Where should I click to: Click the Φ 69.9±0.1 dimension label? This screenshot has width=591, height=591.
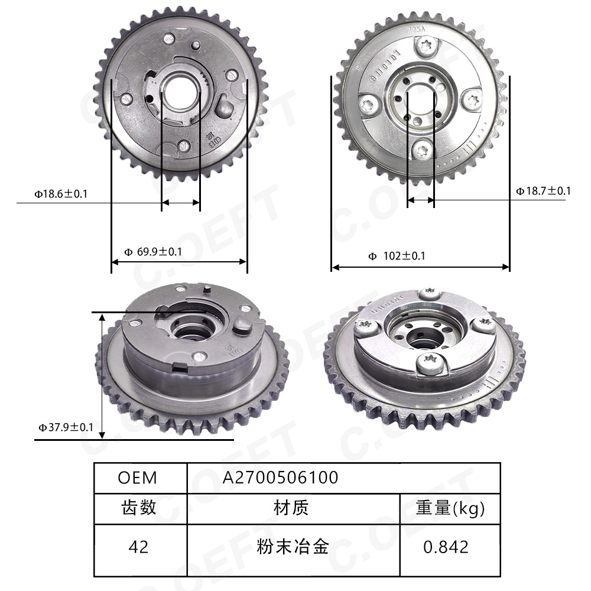tap(153, 252)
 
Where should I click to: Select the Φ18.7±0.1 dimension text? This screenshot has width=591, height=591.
tap(543, 190)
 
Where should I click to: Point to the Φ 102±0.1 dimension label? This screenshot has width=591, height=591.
tap(397, 256)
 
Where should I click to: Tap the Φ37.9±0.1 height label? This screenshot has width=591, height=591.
tap(66, 427)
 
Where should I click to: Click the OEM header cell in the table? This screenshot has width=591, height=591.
tap(138, 478)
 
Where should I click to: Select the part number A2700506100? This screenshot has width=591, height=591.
tap(281, 478)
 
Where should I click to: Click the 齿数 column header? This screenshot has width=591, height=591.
tap(139, 508)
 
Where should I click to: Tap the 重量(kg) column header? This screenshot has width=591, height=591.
tap(450, 508)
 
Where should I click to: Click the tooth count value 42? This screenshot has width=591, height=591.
tap(138, 547)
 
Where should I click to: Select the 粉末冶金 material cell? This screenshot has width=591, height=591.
tap(293, 547)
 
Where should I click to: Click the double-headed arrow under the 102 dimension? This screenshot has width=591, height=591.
tap(420, 267)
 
